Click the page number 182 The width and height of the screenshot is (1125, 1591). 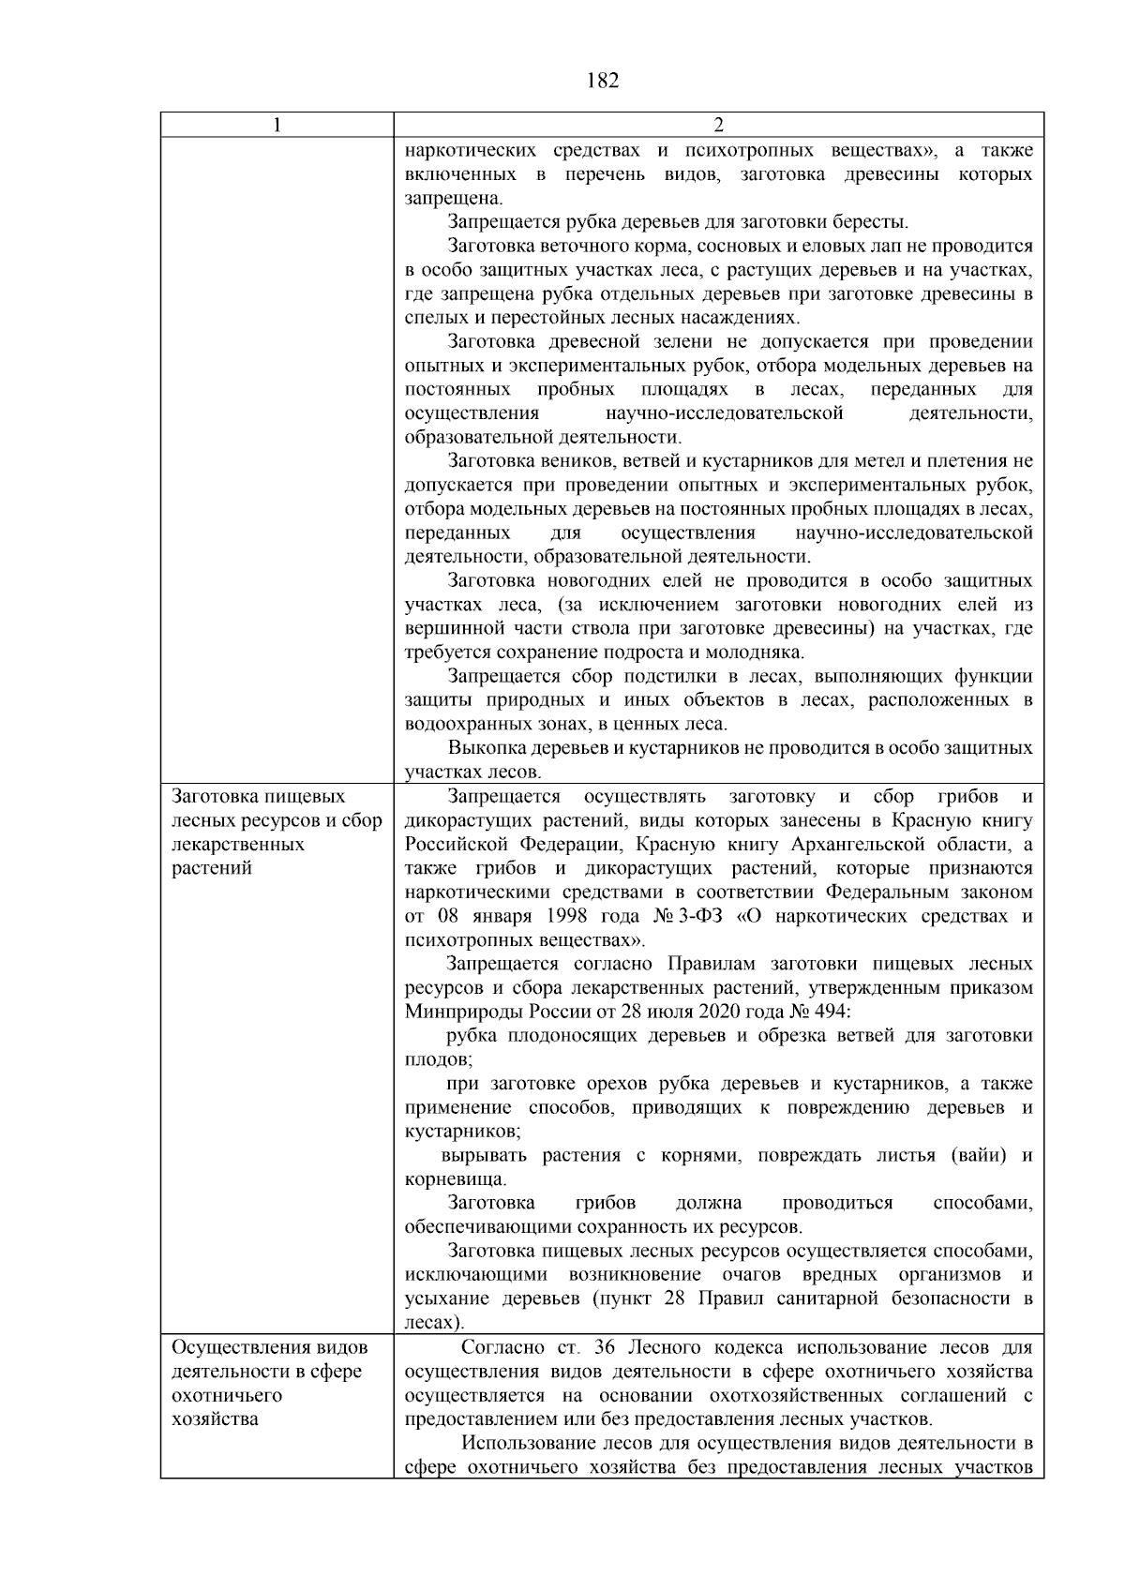click(602, 81)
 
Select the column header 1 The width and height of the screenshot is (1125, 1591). click(277, 126)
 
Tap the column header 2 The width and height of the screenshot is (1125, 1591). click(718, 126)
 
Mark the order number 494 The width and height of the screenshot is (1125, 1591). click(830, 1012)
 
